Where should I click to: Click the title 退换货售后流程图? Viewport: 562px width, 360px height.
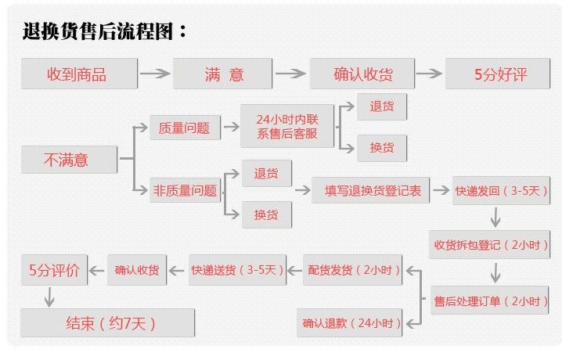105,32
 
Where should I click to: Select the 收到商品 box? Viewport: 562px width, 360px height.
77,75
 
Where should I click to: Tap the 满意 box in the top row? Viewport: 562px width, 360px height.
225,75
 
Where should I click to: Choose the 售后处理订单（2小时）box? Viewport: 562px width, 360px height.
491,300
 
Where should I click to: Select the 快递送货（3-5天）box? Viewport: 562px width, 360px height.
236,271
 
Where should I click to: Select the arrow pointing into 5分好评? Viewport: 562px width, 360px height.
429,75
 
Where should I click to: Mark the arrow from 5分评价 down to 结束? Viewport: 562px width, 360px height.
49,295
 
